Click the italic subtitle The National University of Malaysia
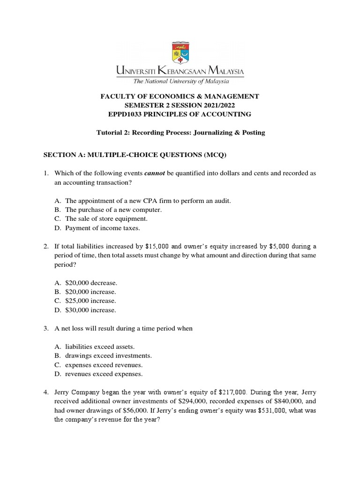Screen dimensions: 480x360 180,82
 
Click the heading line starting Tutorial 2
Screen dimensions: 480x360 180,133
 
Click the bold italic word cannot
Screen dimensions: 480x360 155,173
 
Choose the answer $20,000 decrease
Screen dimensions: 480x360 91,283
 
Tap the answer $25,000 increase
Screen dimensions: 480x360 90,301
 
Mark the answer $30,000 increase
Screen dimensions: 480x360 90,310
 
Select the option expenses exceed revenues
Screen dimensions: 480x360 104,365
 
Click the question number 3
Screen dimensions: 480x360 46,329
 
